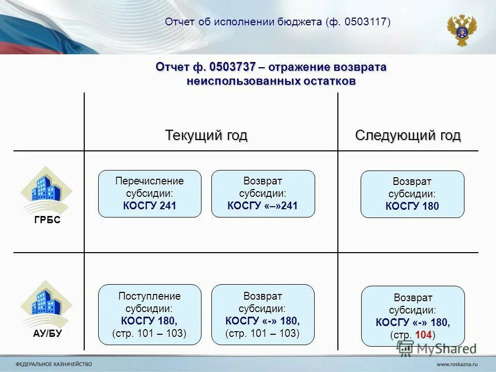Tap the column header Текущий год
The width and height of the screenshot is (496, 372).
[206, 135]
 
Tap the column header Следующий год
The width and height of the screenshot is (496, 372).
[408, 135]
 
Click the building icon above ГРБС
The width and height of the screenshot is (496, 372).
[46, 189]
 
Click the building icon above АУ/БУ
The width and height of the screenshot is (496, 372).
[46, 303]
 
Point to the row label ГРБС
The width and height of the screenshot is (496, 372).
[47, 220]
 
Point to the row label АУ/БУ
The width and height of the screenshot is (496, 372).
[47, 334]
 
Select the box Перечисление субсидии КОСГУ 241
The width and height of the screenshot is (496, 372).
[150, 194]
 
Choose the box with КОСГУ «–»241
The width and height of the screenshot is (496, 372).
[263, 194]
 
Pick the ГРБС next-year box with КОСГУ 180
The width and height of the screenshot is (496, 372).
[412, 194]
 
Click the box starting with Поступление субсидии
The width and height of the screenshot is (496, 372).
[150, 315]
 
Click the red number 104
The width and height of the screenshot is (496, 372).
[423, 335]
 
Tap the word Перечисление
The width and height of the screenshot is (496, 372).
[150, 181]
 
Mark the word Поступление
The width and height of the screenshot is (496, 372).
[150, 296]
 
